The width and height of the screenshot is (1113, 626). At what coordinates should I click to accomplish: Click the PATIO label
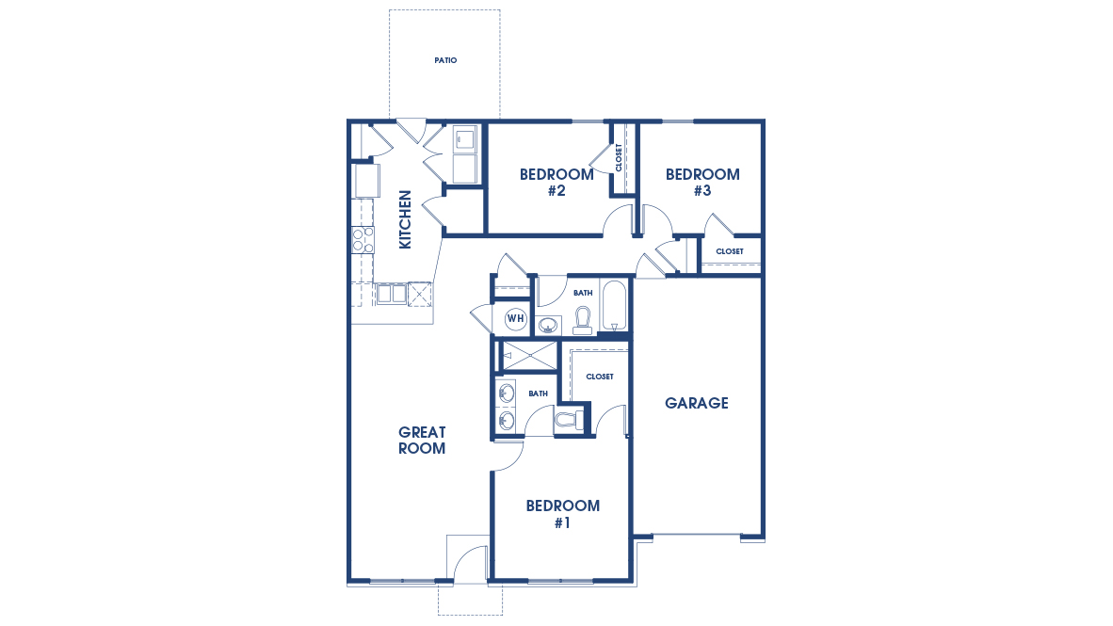[x=445, y=60]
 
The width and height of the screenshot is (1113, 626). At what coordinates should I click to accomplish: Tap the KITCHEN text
[x=405, y=219]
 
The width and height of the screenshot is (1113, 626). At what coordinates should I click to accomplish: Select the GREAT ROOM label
[x=421, y=441]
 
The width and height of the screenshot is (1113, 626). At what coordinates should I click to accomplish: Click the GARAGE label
[x=697, y=403]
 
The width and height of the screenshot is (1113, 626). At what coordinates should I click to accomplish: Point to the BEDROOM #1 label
[x=562, y=513]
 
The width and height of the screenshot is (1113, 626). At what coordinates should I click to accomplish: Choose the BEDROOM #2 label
[x=556, y=183]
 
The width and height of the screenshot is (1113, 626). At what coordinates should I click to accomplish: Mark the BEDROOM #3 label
[x=702, y=183]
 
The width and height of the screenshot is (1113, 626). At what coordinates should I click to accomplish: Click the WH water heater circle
[x=515, y=318]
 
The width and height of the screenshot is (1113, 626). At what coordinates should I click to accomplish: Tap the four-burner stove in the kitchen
[x=363, y=240]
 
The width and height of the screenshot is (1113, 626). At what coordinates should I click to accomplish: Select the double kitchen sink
[x=392, y=294]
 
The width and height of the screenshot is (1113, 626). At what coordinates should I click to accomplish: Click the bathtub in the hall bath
[x=614, y=305]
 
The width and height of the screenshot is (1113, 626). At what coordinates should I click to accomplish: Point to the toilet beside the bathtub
[x=582, y=320]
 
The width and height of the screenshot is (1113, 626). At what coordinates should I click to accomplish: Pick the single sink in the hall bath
[x=548, y=326]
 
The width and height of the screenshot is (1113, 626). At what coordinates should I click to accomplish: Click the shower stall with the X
[x=529, y=355]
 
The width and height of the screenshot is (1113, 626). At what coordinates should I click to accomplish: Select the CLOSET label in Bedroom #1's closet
[x=600, y=377]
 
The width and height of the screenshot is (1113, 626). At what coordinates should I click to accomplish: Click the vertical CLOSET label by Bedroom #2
[x=619, y=157]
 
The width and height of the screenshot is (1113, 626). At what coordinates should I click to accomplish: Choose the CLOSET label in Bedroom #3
[x=730, y=251]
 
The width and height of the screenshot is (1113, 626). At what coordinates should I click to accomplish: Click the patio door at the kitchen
[x=411, y=129]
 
